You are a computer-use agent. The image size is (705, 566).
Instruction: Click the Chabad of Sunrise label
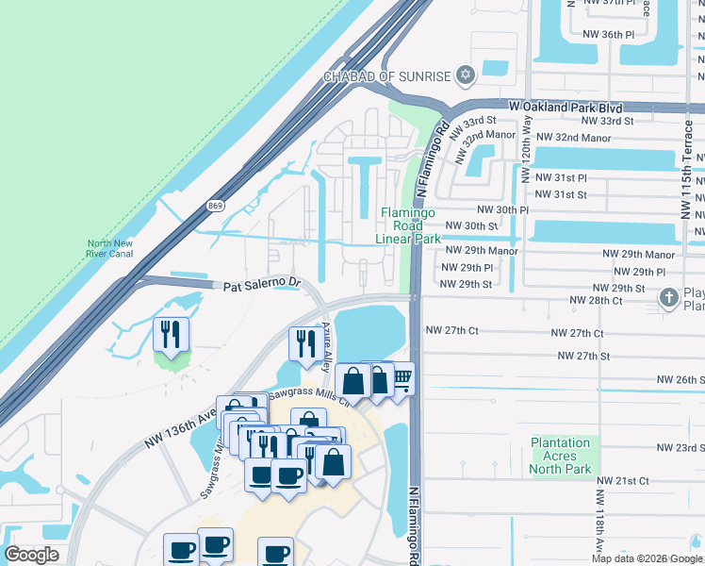tap(388, 75)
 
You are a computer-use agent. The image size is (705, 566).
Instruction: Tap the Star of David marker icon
tap(465, 75)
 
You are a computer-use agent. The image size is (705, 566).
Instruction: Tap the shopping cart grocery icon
tap(402, 379)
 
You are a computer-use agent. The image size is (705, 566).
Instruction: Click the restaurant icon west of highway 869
tap(171, 335)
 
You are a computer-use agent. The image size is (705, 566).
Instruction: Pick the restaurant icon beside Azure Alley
tap(304, 343)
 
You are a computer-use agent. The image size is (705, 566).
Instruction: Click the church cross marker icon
tap(669, 298)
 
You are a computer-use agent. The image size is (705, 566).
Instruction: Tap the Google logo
tap(31, 555)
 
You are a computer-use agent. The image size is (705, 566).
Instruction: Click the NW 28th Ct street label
tap(596, 300)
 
